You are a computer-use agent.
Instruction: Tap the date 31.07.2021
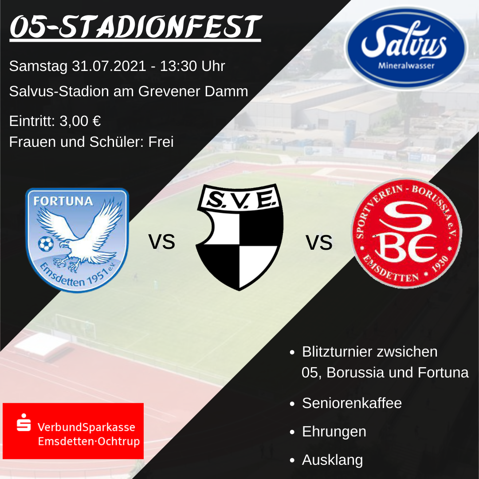point(109,66)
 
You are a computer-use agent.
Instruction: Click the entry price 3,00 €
point(80,121)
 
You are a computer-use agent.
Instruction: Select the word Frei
point(161,142)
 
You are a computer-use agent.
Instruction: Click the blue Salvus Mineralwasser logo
point(406,48)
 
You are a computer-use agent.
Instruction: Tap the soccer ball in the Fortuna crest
point(46,244)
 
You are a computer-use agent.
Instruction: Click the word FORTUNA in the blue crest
point(63,201)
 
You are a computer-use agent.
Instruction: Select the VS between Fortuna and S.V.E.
point(161,242)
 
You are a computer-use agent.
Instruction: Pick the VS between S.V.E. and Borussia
point(319,243)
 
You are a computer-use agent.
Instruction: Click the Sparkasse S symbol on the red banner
point(24,423)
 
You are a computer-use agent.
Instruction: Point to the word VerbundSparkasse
point(86,427)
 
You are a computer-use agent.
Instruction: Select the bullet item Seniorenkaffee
point(352,403)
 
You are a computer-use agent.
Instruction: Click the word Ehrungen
point(334,432)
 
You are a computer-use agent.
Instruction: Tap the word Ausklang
point(332,460)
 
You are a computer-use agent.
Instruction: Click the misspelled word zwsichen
point(407,352)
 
